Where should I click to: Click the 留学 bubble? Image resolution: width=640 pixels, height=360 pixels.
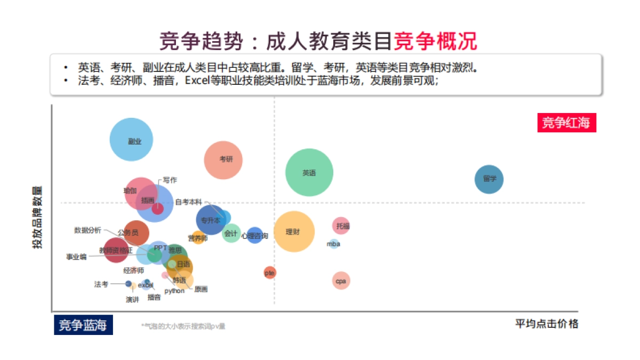[489, 179]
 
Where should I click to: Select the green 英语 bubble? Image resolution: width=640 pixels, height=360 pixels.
[309, 172]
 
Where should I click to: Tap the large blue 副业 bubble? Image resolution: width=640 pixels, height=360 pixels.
[131, 140]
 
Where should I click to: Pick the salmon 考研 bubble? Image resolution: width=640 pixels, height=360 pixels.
[223, 159]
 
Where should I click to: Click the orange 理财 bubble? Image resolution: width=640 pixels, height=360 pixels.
[294, 231]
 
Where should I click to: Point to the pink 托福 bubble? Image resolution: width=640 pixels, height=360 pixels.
[341, 226]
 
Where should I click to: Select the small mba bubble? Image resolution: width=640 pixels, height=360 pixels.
[334, 244]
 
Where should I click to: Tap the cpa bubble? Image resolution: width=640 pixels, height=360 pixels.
[341, 281]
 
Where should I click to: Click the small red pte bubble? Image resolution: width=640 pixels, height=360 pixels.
[270, 273]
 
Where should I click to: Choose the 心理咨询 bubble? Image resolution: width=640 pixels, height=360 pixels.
[255, 235]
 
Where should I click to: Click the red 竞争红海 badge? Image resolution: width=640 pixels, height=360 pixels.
[566, 123]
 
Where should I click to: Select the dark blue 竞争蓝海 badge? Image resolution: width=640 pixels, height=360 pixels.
[83, 325]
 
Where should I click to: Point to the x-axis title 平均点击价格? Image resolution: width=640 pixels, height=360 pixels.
[546, 324]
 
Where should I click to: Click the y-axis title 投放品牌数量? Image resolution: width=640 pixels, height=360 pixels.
[37, 218]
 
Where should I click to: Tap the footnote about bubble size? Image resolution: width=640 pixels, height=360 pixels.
[183, 326]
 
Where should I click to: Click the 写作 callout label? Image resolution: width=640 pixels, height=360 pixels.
[170, 180]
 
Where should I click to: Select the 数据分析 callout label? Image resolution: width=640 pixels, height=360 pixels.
[87, 230]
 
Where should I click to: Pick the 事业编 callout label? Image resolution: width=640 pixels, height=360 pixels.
[76, 257]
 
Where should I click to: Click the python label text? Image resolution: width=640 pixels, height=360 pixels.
[174, 291]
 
